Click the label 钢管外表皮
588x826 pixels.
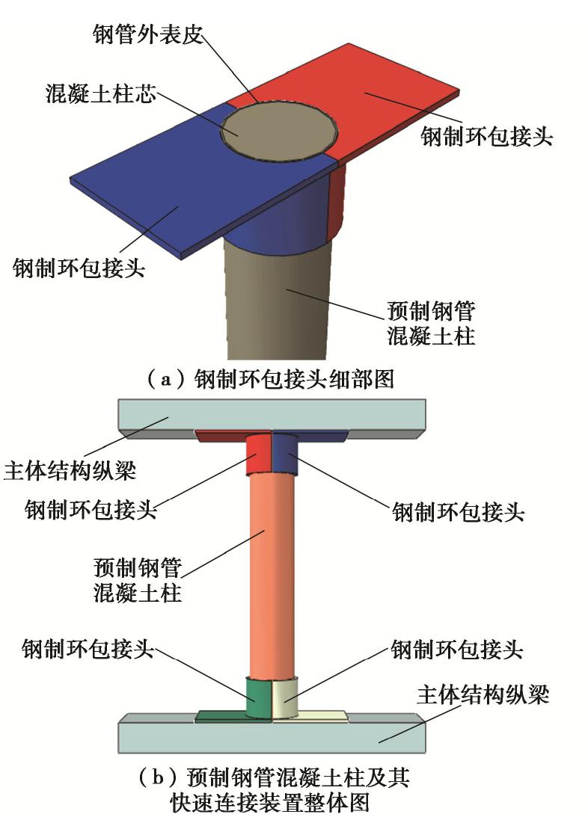tap(148, 34)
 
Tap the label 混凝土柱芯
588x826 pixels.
tap(99, 97)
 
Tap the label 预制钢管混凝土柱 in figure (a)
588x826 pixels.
tap(432, 322)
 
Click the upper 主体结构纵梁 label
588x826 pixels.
tap(71, 472)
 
